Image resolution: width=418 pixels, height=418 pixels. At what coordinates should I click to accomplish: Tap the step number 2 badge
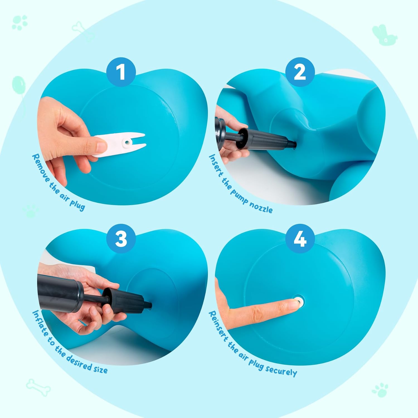pos(300,72)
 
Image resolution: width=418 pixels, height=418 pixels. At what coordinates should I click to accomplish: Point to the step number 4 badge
pos(300,238)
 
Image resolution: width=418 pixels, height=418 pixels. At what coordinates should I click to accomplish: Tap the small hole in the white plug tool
pos(127,142)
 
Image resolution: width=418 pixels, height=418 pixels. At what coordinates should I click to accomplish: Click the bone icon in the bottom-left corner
pos(38,387)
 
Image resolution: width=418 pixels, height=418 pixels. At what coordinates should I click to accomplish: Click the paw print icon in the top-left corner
pos(20,22)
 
